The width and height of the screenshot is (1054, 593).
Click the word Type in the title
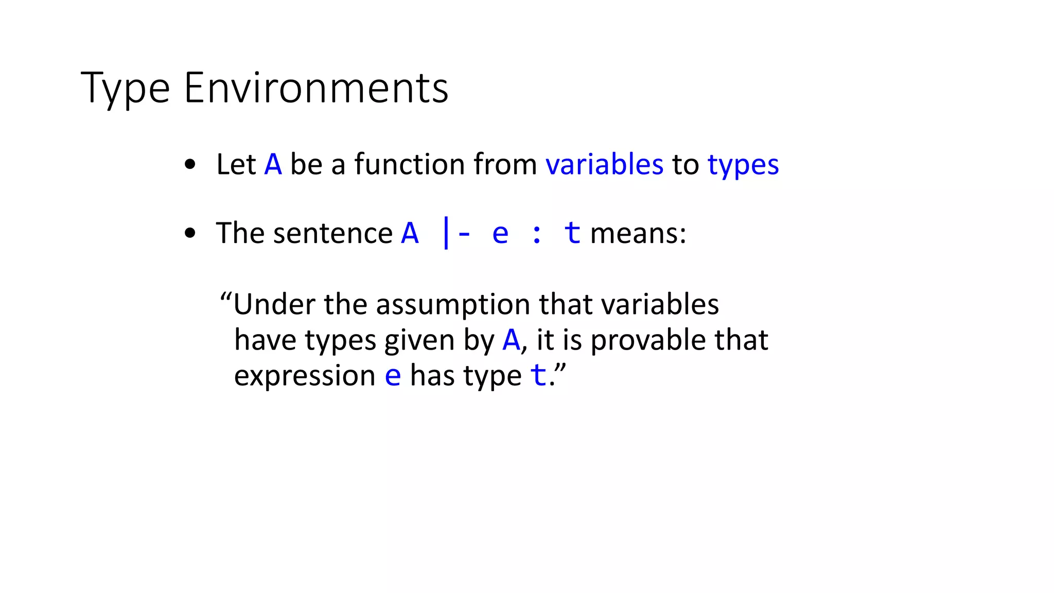(125, 89)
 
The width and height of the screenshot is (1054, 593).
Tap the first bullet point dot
(190, 165)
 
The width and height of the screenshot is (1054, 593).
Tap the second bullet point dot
(190, 233)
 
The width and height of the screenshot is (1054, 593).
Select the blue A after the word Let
(273, 165)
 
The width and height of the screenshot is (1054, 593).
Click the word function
(410, 165)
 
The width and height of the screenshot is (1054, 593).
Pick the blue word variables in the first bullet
(604, 165)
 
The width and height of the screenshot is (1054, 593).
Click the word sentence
(333, 233)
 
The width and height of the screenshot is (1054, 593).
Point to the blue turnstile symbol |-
(455, 233)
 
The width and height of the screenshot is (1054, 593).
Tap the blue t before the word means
(572, 233)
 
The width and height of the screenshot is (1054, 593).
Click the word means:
(638, 233)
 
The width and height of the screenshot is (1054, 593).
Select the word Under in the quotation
(274, 304)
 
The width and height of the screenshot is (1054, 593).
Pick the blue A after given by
(511, 340)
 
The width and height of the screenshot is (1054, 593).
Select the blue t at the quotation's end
(538, 375)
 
